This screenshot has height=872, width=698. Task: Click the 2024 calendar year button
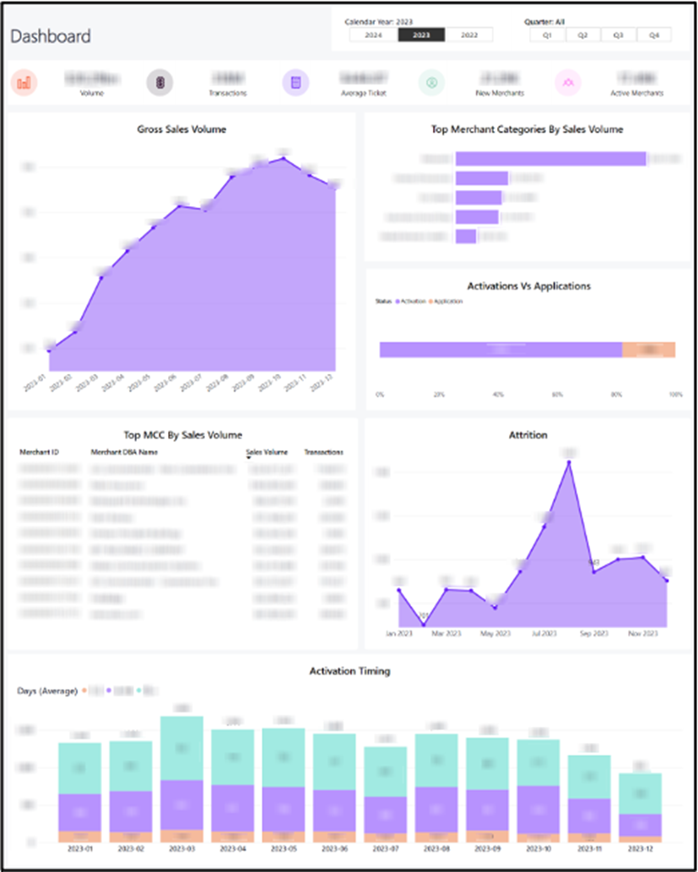pos(374,35)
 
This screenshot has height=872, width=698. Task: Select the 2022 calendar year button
pos(469,35)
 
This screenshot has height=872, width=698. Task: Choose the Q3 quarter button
pos(618,35)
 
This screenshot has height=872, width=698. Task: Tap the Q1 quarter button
pos(547,35)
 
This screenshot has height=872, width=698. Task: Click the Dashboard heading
pos(51,36)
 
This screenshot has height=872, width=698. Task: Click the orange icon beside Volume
pos(24,83)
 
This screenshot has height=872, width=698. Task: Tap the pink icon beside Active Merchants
pos(567,83)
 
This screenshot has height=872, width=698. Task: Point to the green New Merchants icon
pos(431,83)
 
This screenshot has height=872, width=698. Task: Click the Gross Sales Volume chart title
pos(181,129)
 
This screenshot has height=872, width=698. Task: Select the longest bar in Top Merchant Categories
pos(550,159)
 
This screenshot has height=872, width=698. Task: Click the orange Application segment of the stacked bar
pos(648,349)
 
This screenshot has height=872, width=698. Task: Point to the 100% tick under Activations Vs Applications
pos(674,394)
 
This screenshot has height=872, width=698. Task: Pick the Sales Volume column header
pos(267,452)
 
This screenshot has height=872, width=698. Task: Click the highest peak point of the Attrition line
pos(569,461)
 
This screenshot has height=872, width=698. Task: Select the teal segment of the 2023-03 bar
pos(181,748)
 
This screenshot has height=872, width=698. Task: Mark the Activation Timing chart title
pos(349,671)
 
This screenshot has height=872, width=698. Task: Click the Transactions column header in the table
pos(324,452)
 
